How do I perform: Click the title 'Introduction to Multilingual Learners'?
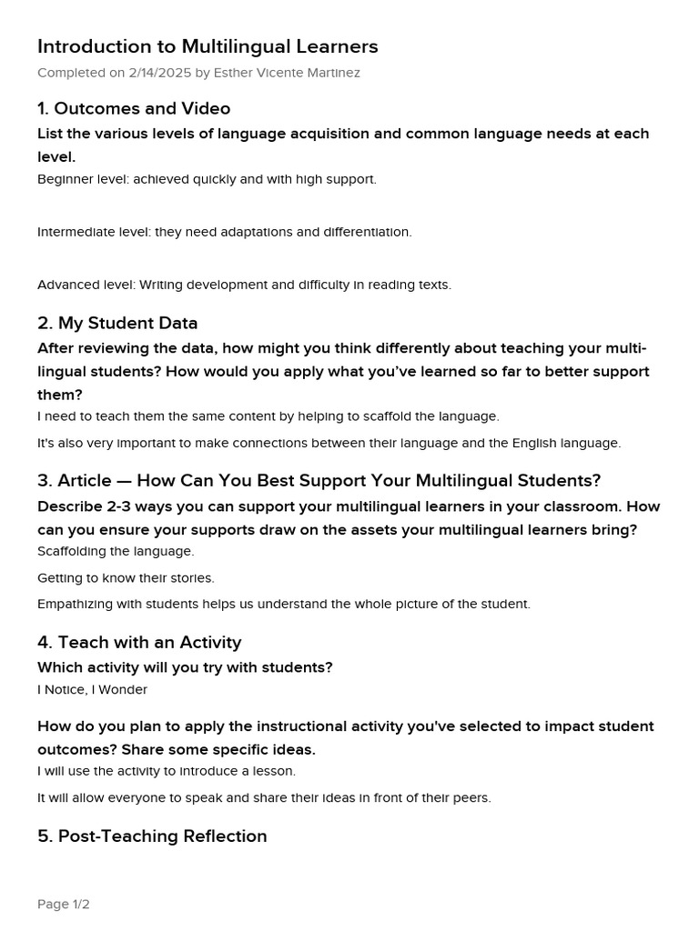(x=208, y=46)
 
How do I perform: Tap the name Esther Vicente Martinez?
(x=287, y=73)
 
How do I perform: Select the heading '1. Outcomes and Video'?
(x=134, y=109)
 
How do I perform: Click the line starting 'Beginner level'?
(x=207, y=179)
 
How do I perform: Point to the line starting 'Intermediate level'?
(x=224, y=232)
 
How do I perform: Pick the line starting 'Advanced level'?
(x=244, y=285)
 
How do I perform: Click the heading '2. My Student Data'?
(x=117, y=324)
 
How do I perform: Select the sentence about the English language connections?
(x=329, y=444)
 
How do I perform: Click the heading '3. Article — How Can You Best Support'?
(x=319, y=481)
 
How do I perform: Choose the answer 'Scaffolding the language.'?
(x=116, y=551)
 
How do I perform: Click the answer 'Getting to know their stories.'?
(x=126, y=578)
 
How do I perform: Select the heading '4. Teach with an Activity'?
(x=139, y=643)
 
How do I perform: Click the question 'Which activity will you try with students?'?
(x=185, y=667)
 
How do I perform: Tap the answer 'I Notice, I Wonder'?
(x=92, y=689)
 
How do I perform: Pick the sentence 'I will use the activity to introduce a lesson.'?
(x=167, y=771)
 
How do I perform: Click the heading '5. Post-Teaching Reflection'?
(x=152, y=836)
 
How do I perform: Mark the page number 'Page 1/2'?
(x=64, y=905)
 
